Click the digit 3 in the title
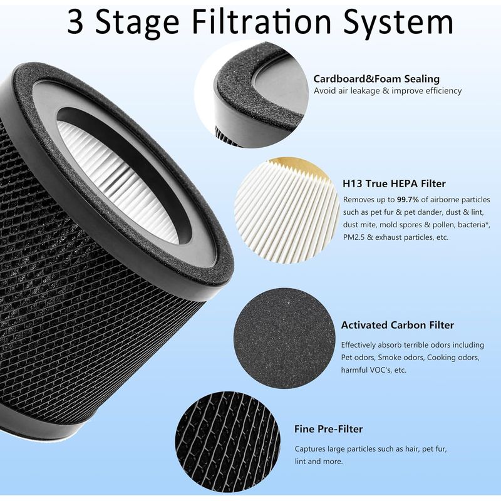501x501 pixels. point(76,22)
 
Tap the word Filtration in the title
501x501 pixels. point(261,21)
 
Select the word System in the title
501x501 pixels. point(399,24)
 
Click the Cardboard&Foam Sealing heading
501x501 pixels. point(376,79)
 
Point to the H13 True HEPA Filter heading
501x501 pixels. point(394,183)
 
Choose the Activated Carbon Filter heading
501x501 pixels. point(398,325)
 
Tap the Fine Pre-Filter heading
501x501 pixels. point(328,429)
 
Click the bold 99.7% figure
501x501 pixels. point(408,200)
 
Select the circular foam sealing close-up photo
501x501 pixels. point(252,95)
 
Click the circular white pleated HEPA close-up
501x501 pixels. point(287,210)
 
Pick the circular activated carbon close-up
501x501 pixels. point(284,338)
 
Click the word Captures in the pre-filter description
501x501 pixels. point(309,449)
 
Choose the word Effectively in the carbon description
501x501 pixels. point(358,345)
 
